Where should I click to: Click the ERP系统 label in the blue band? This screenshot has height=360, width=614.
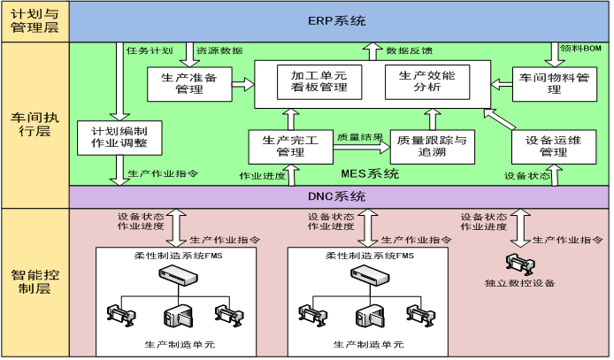pos(337,20)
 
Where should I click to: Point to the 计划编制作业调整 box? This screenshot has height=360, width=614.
pos(113,136)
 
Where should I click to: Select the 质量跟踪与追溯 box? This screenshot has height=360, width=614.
pos(432,147)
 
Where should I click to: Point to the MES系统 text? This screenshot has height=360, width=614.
pos(369,173)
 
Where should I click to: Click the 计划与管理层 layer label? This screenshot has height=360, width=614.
pos(34,21)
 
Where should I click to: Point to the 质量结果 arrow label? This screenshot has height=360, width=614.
pos(360,137)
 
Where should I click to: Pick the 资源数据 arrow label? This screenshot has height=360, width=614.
pos(219,50)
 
